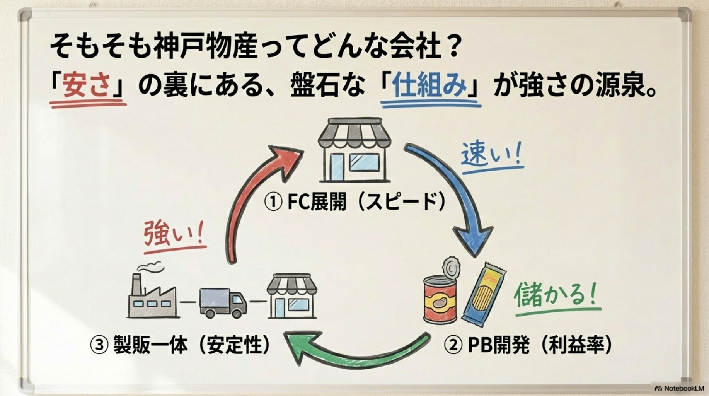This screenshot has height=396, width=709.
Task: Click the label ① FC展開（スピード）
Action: coord(354,201)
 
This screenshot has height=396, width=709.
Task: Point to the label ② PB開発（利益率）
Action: coord(528,345)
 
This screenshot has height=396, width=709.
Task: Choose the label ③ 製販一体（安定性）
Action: coord(180,345)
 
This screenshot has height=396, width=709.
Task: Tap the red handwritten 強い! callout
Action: coord(174,234)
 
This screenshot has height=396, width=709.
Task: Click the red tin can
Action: coord(440,300)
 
